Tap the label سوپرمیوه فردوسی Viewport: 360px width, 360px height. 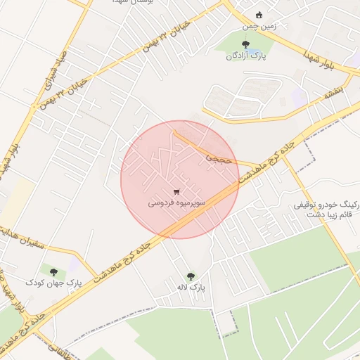(176, 202)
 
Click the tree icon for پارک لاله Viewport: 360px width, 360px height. (191, 276)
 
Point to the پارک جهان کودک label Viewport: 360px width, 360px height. (54, 282)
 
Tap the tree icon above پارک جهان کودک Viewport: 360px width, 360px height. (53, 271)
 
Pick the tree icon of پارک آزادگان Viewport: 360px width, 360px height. (245, 45)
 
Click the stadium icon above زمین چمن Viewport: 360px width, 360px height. (259, 14)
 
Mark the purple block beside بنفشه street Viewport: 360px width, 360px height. (300, 98)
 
